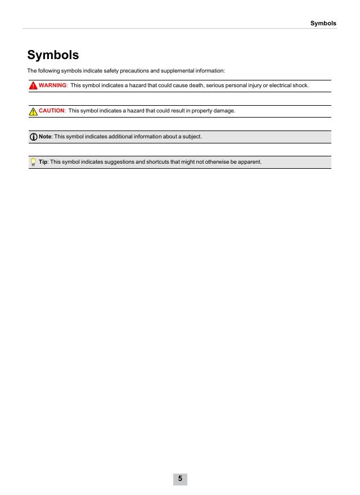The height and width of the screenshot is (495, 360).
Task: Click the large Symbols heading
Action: coord(53,55)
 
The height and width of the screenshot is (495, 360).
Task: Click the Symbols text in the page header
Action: coord(323,24)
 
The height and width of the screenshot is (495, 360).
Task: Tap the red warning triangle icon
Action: coord(34,85)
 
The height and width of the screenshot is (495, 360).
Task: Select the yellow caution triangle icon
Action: coord(34,111)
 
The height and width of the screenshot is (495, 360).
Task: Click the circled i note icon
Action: coord(34,137)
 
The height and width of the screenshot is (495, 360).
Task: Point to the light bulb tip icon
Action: coord(34,163)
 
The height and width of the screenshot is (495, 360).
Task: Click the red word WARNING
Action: coord(53,85)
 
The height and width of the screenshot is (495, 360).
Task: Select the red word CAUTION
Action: coord(52,111)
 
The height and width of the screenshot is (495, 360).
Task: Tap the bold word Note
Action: coord(45,137)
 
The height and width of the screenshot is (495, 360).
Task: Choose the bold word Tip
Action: coord(43,163)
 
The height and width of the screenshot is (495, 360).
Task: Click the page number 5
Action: coord(180,479)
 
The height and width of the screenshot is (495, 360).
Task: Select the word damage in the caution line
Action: coord(223,111)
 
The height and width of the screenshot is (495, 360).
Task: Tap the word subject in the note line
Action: coord(191,137)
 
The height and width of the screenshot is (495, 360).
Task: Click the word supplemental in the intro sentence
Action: coord(179,71)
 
